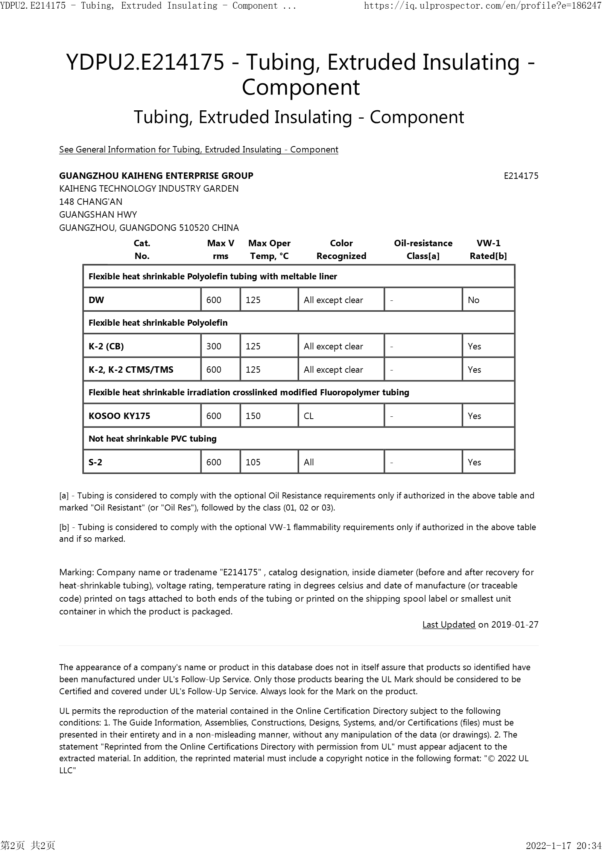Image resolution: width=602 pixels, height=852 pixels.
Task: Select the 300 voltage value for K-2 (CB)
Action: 214,346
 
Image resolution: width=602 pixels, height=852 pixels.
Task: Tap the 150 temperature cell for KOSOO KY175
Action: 253,416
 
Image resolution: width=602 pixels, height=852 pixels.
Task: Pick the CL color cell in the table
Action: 309,416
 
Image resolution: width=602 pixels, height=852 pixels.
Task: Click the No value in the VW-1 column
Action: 473,300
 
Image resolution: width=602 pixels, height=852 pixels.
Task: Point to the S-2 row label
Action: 95,462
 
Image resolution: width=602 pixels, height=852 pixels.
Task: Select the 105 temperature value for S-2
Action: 253,462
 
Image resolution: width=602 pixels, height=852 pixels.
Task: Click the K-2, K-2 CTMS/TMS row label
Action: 131,370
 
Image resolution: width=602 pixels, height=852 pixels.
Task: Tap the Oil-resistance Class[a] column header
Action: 423,250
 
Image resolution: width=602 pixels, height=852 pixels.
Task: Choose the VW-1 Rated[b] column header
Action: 488,250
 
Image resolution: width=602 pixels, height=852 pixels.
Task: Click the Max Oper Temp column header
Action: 269,250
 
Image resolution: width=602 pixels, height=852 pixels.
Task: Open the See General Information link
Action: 199,149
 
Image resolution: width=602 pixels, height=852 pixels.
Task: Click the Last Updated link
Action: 449,625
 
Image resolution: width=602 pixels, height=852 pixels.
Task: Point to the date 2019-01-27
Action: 515,625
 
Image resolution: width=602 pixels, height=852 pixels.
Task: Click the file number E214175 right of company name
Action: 521,176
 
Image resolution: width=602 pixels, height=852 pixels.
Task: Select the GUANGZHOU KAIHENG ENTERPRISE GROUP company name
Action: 156,176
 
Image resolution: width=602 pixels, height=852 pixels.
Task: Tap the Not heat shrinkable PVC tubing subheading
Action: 152,439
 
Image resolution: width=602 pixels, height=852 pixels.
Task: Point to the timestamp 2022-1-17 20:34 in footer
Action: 563,846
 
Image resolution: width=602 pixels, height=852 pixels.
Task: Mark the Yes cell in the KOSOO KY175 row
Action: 474,416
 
